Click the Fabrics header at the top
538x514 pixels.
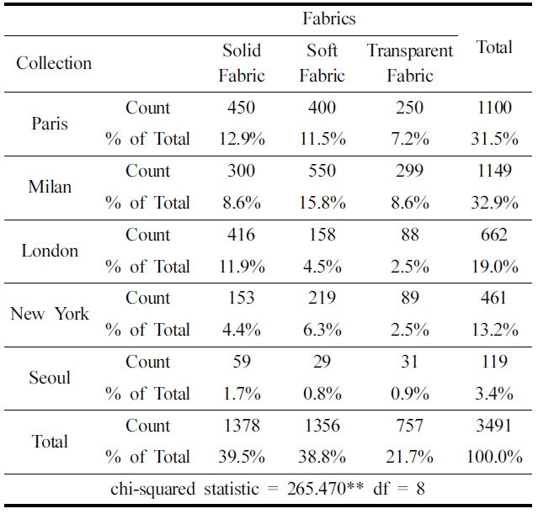coord(329,18)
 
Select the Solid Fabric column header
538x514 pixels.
coord(242,63)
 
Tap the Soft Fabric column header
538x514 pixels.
coord(322,63)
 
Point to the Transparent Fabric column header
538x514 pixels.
coord(410,63)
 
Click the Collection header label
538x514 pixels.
coord(54,63)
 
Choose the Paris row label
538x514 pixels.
coord(50,123)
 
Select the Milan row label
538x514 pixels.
coord(50,187)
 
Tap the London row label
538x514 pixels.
coord(50,251)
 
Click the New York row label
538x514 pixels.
coord(50,314)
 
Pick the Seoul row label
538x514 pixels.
coord(50,378)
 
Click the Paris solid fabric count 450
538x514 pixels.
coord(242,108)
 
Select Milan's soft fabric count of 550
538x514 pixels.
coord(322,171)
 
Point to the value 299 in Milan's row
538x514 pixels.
coord(410,171)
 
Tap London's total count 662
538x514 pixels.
coord(494,235)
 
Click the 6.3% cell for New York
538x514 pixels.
coord(322,330)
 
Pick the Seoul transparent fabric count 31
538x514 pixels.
coord(410,362)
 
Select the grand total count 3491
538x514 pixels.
coord(494,426)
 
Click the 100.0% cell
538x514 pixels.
coord(494,457)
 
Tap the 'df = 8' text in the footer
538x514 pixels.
coord(397,488)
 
